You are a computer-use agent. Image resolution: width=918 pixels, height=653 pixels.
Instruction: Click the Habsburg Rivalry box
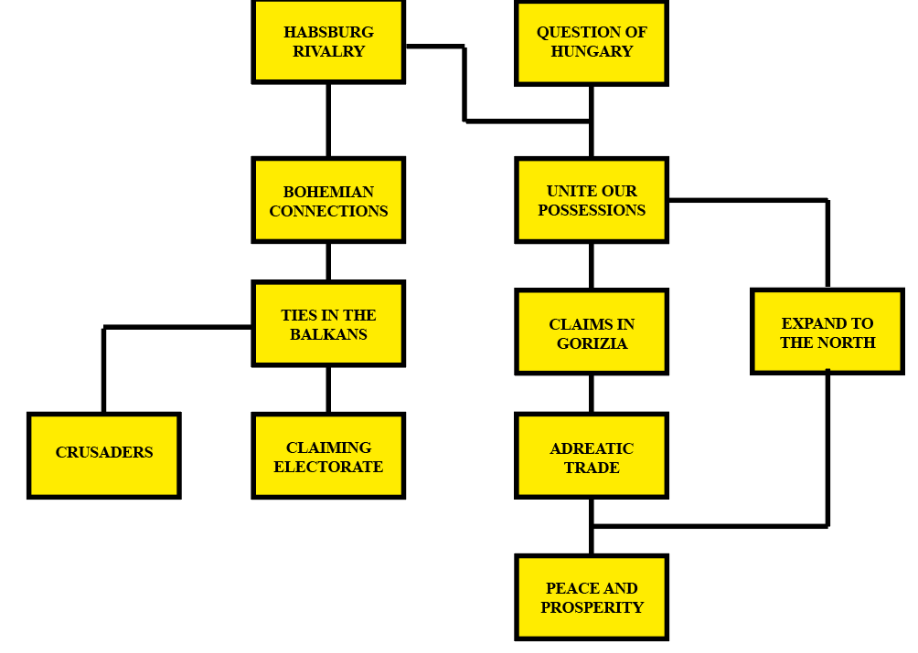click(x=328, y=42)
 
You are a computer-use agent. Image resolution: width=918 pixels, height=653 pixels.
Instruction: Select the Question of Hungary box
click(x=592, y=42)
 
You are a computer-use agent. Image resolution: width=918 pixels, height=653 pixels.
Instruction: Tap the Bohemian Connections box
click(x=328, y=201)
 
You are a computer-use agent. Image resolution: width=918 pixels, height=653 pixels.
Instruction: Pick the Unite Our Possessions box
click(x=592, y=200)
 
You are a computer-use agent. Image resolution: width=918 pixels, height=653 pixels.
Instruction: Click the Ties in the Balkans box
click(x=328, y=324)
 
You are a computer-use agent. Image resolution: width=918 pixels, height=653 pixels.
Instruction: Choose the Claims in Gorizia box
click(x=592, y=332)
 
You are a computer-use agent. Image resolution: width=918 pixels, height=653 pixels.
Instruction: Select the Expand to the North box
click(x=827, y=332)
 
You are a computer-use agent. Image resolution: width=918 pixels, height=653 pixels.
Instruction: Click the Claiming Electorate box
click(x=328, y=456)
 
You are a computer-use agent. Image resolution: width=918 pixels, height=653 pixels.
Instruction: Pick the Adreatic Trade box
click(x=592, y=456)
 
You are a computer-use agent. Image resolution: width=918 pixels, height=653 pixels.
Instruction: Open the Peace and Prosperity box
click(x=592, y=597)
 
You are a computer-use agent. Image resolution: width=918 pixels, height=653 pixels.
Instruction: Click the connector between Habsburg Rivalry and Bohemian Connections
click(x=328, y=121)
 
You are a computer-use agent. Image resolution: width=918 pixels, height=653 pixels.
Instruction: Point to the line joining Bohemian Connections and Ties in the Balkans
click(x=328, y=262)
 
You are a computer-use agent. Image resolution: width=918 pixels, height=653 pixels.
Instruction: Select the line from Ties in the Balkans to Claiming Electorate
click(x=328, y=390)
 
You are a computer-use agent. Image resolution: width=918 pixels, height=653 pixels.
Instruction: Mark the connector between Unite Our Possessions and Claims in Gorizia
click(x=592, y=266)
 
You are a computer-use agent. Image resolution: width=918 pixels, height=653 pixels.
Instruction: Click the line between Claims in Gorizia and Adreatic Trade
click(x=592, y=394)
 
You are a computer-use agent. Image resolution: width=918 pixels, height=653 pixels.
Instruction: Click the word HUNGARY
click(x=592, y=52)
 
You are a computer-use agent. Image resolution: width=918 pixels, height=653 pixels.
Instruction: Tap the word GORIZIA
click(x=592, y=344)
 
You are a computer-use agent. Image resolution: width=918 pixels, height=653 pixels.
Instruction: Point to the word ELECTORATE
click(x=328, y=468)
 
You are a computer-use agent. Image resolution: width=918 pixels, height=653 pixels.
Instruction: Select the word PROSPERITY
click(x=592, y=608)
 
